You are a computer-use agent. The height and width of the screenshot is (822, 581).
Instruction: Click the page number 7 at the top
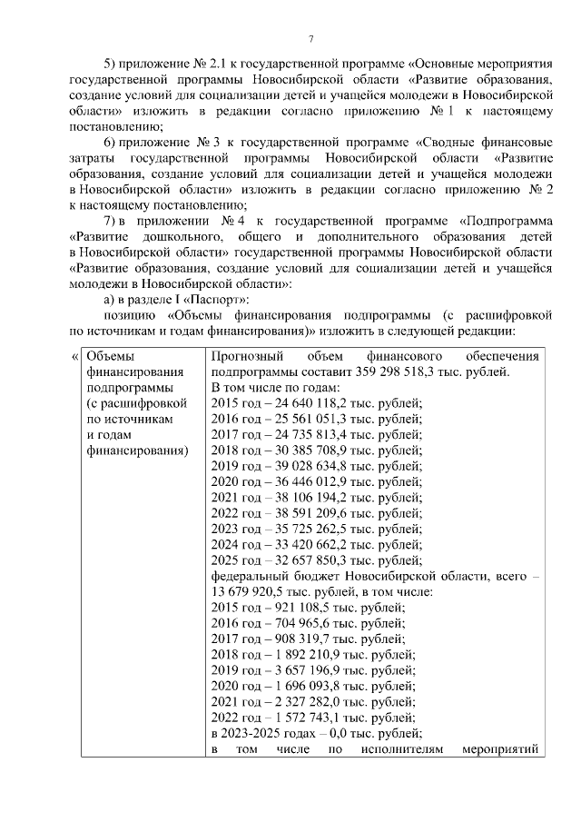pyautogui.click(x=310, y=38)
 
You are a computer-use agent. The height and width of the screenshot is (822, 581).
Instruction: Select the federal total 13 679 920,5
pyautogui.click(x=246, y=589)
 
